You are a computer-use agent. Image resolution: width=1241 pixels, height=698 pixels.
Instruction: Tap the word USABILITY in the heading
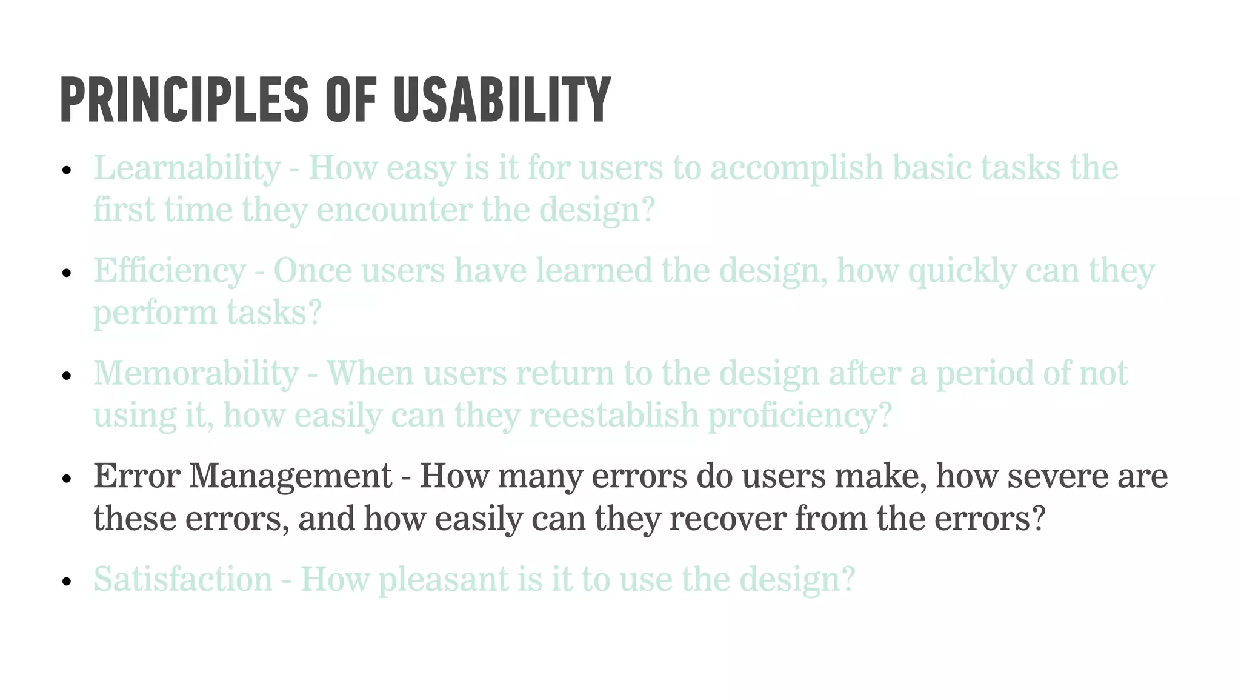[x=502, y=100]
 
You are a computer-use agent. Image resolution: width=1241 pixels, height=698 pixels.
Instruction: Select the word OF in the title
[x=351, y=100]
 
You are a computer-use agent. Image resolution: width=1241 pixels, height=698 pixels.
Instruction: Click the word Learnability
[x=187, y=168]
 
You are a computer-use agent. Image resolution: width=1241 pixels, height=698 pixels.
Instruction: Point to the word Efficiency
[x=169, y=271]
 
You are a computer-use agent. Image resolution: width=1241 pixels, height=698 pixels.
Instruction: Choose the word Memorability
[x=196, y=374]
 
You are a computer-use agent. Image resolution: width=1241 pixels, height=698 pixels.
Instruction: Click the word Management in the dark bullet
[x=290, y=476]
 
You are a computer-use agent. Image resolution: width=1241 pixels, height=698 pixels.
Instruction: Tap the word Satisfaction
[x=183, y=579]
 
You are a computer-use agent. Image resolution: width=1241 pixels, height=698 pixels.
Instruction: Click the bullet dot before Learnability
[x=67, y=170]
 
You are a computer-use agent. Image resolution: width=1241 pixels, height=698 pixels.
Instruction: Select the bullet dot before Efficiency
[x=67, y=273]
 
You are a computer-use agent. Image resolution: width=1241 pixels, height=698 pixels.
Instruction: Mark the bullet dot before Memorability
[x=67, y=376]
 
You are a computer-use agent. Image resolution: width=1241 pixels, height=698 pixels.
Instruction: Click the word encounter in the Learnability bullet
[x=394, y=210]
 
